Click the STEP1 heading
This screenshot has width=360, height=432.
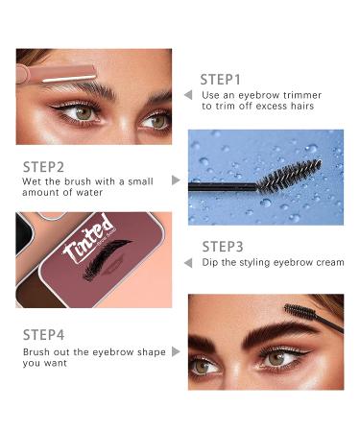click(220, 80)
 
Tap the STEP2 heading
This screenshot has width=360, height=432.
click(43, 167)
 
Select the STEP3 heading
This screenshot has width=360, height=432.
click(223, 247)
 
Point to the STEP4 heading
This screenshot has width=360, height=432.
click(43, 335)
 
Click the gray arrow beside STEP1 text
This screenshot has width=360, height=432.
click(188, 95)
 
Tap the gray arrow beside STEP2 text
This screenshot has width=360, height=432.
click(176, 180)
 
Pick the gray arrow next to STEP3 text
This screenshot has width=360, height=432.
click(188, 263)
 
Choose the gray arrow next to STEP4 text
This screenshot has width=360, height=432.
click(176, 351)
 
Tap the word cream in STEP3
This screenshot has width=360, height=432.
click(330, 263)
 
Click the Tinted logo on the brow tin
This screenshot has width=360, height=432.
click(88, 237)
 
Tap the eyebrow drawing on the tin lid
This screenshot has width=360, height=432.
click(105, 258)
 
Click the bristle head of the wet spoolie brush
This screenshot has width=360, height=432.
click(289, 177)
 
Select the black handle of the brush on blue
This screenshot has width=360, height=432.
click(223, 187)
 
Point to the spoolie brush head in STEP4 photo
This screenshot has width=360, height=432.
click(300, 311)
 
